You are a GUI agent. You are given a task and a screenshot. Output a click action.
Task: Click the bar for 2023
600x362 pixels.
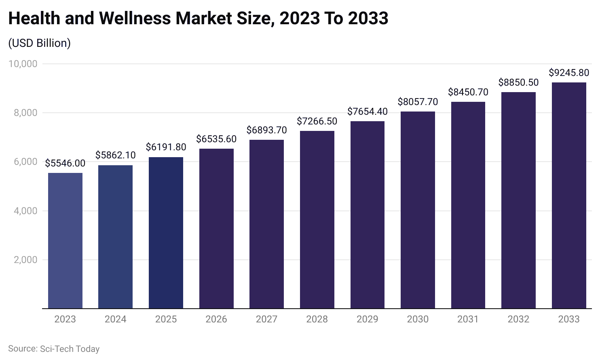coord(65,241)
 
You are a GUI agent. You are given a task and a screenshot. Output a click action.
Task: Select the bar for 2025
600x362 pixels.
coord(166,233)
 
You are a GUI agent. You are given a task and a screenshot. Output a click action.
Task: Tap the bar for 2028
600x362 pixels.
coord(317,220)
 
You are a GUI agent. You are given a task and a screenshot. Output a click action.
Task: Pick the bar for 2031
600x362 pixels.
coord(468,205)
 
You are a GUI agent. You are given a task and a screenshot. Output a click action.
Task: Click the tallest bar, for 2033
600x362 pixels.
coord(569,196)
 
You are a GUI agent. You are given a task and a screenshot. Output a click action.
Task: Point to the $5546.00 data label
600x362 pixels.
coord(65,163)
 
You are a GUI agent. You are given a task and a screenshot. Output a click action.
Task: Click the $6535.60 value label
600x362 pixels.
coord(216,139)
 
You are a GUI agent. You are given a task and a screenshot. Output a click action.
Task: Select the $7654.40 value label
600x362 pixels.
coord(368,112)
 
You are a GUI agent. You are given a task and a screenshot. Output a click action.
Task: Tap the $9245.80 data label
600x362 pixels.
coord(569,73)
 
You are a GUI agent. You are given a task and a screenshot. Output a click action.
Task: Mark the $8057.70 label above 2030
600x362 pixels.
coord(418,102)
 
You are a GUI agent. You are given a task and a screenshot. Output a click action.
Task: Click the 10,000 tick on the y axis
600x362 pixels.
coord(23,64)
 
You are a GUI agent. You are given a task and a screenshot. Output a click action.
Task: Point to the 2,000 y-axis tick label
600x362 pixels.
coord(25,260)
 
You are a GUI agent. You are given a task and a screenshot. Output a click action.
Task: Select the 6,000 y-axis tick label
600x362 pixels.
coord(25,162)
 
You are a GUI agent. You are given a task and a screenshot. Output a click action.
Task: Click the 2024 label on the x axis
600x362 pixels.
coord(116,319)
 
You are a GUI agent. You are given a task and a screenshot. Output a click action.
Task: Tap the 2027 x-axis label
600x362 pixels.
coord(266,319)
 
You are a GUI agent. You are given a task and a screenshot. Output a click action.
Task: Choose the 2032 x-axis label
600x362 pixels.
coord(518,319)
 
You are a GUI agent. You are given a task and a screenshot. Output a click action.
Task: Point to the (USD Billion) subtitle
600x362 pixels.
coord(40,43)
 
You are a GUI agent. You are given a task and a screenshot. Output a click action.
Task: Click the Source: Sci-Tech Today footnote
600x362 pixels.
coord(54,349)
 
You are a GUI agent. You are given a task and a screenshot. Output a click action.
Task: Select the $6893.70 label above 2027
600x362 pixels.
coord(266,130)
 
